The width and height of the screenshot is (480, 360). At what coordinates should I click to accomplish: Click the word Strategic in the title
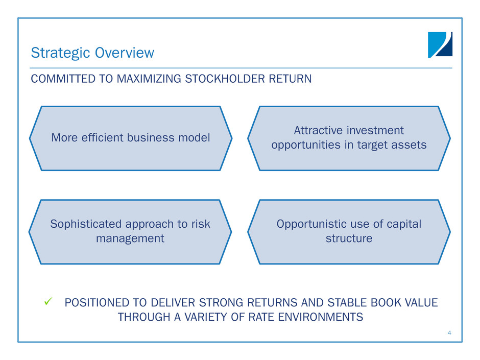tap(61, 53)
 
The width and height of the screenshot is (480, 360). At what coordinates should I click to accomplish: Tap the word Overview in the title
tap(125, 53)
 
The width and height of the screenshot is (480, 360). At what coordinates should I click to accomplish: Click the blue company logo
tap(440, 45)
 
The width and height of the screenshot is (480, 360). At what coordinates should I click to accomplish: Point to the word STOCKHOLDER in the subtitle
tap(225, 79)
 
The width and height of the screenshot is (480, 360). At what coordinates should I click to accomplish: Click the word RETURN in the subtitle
tap(290, 79)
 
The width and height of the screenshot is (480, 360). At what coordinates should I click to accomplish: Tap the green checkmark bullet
tap(48, 301)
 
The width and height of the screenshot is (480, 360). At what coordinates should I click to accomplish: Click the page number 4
tap(449, 333)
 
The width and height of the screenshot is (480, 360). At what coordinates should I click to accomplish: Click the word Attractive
tap(318, 130)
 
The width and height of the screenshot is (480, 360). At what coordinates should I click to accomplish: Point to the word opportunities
tap(306, 145)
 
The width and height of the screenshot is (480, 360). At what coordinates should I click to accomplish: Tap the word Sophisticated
tap(86, 224)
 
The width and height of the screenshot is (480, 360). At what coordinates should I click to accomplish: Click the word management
tap(130, 238)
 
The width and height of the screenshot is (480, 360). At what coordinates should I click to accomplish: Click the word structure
tap(349, 238)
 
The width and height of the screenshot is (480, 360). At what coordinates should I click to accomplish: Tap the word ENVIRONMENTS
tap(321, 317)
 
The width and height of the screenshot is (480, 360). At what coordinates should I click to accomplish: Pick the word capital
tap(404, 224)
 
